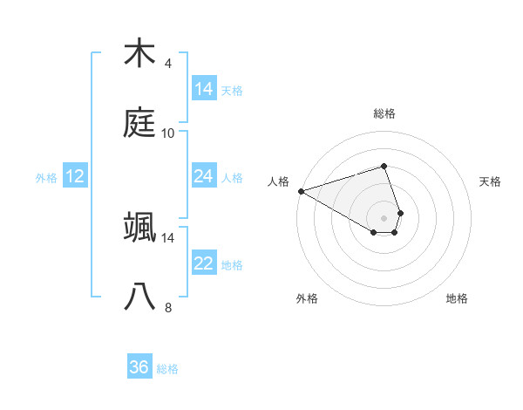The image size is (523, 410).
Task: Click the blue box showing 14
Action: pyautogui.click(x=203, y=89)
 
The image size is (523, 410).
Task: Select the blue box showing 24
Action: pyautogui.click(x=203, y=177)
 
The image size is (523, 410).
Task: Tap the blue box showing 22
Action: pyautogui.click(x=203, y=264)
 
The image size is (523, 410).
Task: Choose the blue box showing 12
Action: pyautogui.click(x=75, y=177)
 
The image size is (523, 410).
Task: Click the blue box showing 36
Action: pyautogui.click(x=139, y=367)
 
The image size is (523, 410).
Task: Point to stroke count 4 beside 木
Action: pyautogui.click(x=168, y=64)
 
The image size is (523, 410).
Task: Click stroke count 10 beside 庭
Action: pyautogui.click(x=168, y=133)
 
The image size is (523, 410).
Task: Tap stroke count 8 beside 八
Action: pyautogui.click(x=168, y=308)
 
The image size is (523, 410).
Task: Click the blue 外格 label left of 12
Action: pyautogui.click(x=46, y=178)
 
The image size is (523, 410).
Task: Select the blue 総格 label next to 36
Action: pyautogui.click(x=167, y=369)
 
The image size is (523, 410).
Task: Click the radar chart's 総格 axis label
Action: pyautogui.click(x=384, y=113)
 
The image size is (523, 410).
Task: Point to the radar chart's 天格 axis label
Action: pyautogui.click(x=491, y=181)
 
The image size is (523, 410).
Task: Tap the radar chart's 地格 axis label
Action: pyautogui.click(x=457, y=298)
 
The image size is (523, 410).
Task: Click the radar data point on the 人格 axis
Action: pyautogui.click(x=301, y=191)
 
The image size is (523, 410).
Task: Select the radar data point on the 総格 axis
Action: pyautogui.click(x=384, y=166)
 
